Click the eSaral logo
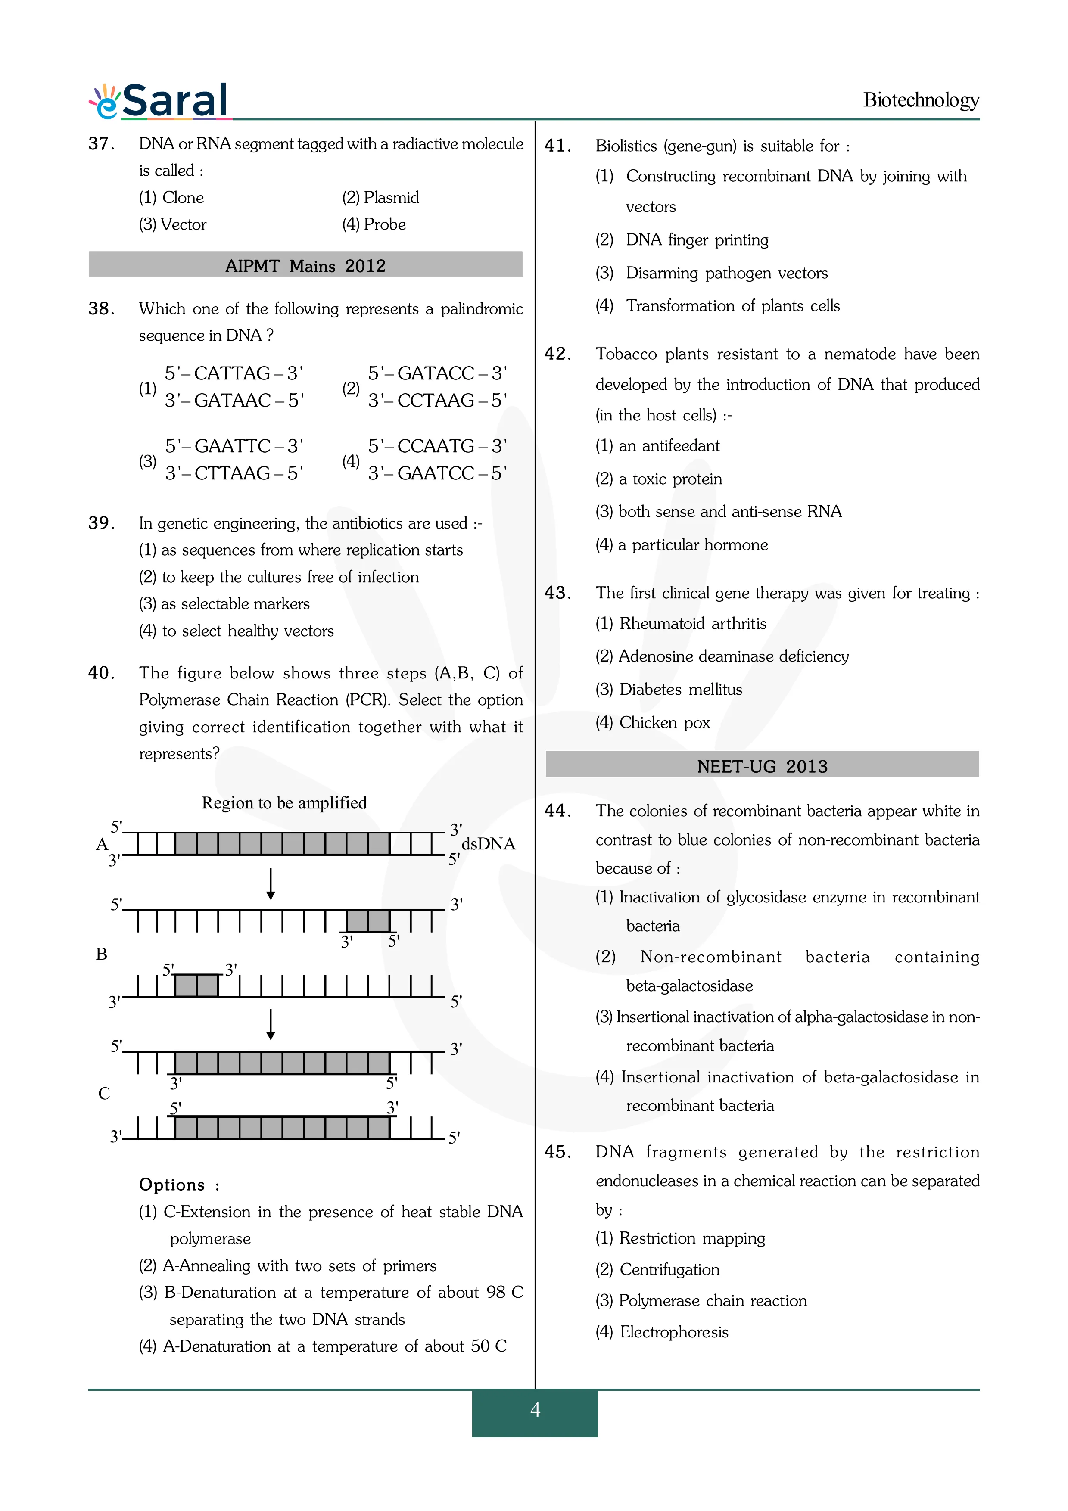coord(160,101)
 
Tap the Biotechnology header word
coord(921,100)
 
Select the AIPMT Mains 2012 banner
coord(305,265)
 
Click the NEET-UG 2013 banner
coord(762,765)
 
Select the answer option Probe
coord(374,224)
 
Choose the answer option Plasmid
coord(380,197)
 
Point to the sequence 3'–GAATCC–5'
coord(437,473)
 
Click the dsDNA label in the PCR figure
coord(488,844)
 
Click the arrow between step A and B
coord(271,884)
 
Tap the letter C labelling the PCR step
coord(104,1093)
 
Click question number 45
coord(558,1152)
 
